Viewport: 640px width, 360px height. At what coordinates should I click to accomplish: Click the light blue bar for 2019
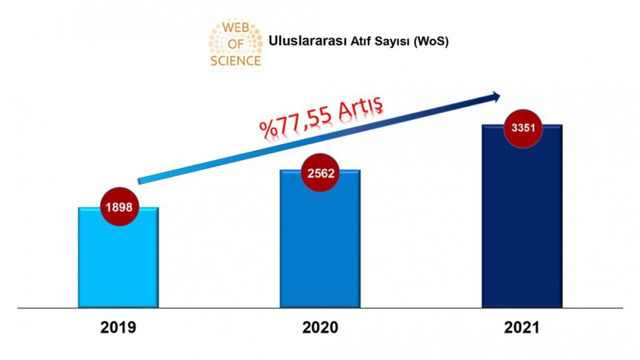(118, 265)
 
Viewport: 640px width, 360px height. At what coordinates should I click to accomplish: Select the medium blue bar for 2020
(320, 245)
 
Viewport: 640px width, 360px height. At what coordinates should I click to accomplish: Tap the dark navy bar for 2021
(522, 225)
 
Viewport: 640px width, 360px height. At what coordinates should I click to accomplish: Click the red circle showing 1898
(119, 207)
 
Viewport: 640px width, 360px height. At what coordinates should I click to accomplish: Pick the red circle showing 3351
(523, 127)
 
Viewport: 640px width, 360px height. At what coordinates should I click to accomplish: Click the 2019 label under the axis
(118, 328)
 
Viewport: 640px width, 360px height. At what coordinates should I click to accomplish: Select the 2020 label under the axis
(320, 328)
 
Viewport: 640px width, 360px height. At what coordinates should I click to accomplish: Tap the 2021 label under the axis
(522, 328)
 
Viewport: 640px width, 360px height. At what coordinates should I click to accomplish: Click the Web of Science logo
(235, 43)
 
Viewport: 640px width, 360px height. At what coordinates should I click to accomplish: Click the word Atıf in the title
(355, 41)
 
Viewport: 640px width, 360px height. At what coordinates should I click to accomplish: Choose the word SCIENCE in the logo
(235, 61)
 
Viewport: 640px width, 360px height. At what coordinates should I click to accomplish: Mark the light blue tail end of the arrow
(141, 181)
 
